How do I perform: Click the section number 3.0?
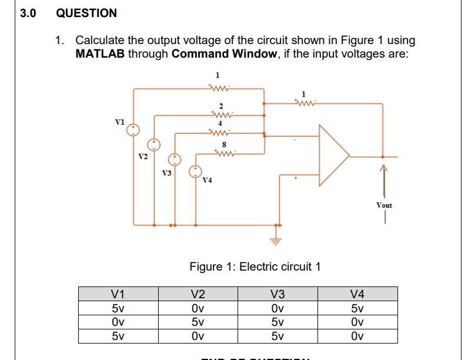click(28, 13)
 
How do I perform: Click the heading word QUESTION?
click(86, 13)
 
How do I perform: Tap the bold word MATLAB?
click(100, 54)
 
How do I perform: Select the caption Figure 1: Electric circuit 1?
click(255, 266)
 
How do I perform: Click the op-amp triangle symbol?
click(332, 155)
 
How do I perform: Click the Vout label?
click(384, 205)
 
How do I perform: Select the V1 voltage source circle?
click(134, 130)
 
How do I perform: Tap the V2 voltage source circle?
click(154, 144)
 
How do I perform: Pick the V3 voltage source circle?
click(175, 159)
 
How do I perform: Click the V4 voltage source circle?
click(195, 171)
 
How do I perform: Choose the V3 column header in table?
click(278, 294)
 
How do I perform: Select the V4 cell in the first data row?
click(357, 309)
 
